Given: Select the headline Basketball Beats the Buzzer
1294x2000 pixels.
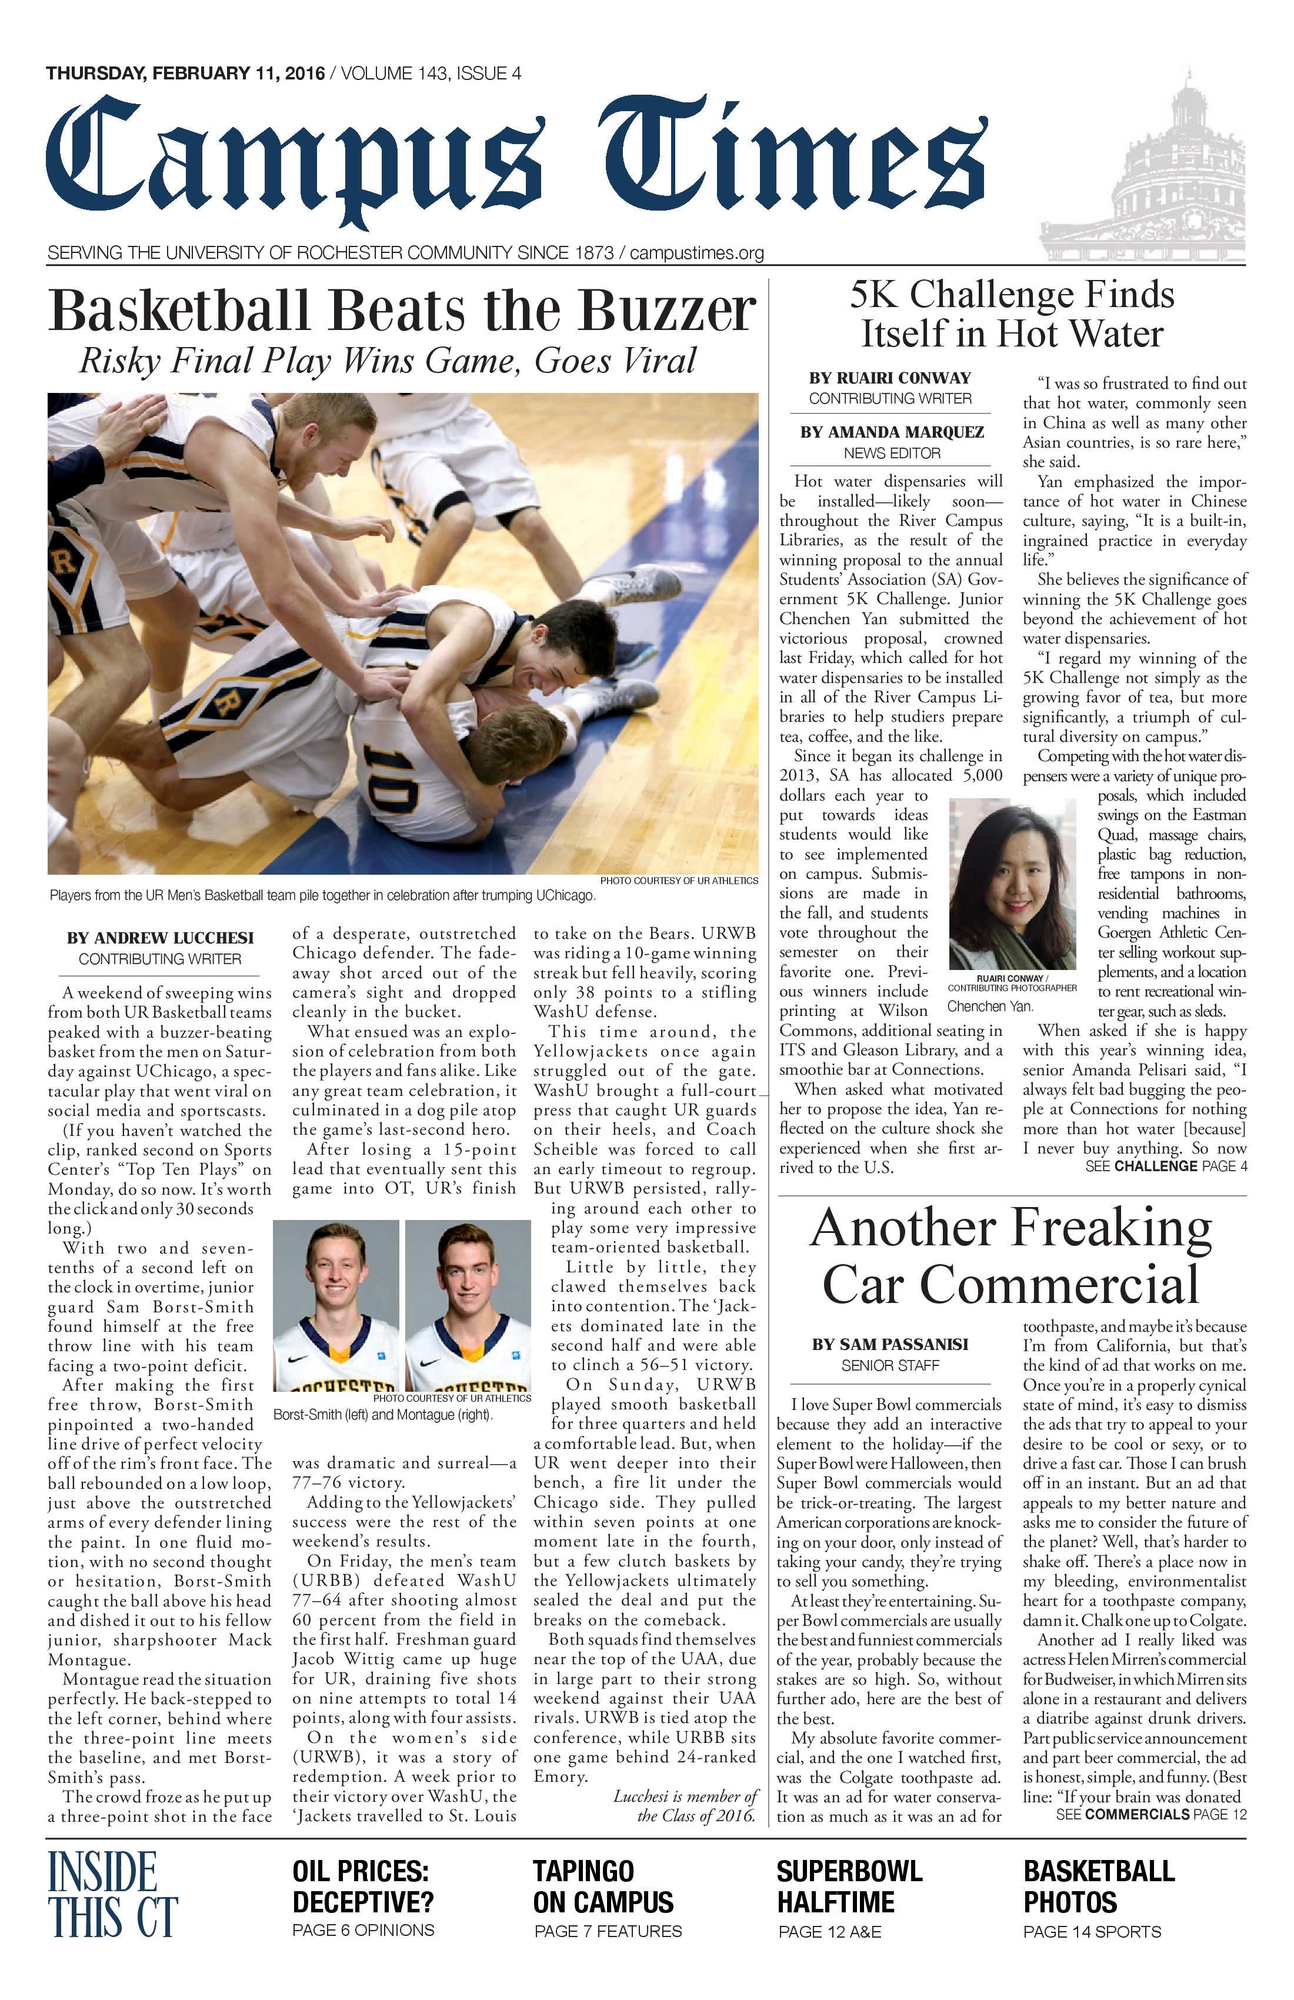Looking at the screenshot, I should point(402,311).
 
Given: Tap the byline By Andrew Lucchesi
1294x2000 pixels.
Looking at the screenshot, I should point(159,938).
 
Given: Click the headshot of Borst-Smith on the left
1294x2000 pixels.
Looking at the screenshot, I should point(336,1304).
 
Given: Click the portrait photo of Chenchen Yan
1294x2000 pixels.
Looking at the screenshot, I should point(1012,884).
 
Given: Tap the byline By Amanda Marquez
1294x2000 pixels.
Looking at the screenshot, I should point(892,432).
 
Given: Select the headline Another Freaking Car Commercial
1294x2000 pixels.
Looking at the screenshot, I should point(1011,1255).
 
